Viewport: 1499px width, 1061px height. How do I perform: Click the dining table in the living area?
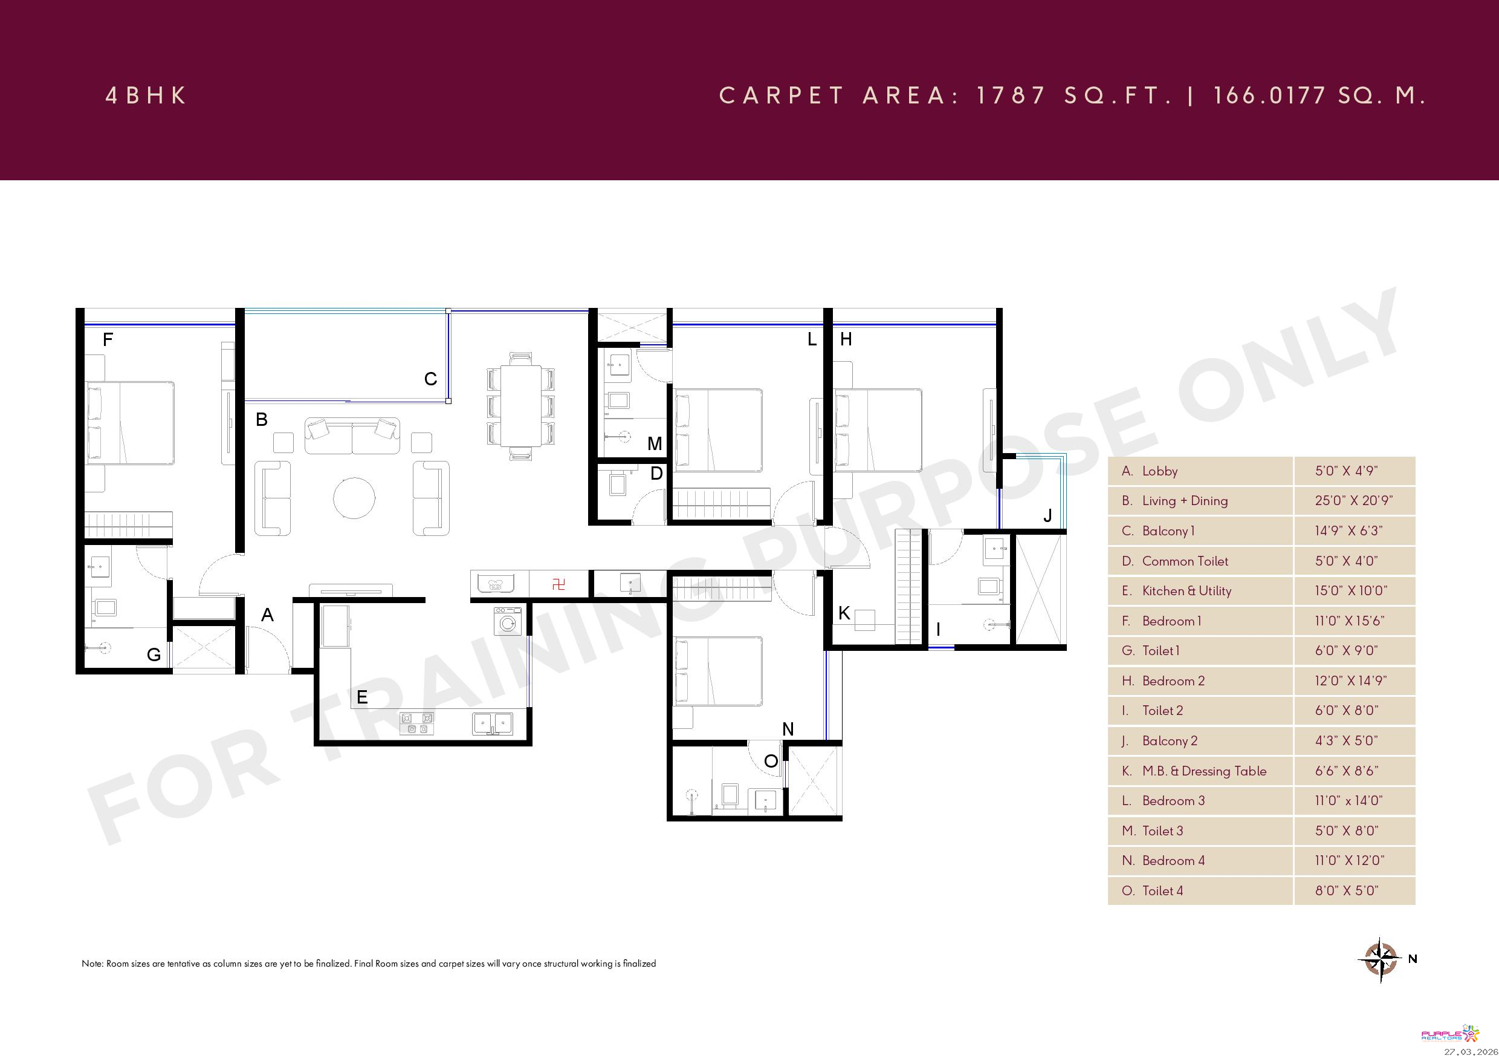(520, 406)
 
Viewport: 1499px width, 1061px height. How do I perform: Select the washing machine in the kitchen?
(507, 621)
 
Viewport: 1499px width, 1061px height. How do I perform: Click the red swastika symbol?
(558, 584)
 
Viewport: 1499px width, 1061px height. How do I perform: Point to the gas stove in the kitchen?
(416, 723)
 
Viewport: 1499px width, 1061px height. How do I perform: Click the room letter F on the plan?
(108, 339)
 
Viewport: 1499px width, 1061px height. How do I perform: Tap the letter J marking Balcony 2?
(1047, 515)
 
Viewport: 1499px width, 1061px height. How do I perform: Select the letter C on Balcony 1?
(430, 379)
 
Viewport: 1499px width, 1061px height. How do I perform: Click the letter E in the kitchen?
(361, 697)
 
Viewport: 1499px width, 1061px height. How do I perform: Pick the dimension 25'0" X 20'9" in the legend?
(1353, 500)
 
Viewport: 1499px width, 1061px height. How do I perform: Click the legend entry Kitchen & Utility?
(1187, 590)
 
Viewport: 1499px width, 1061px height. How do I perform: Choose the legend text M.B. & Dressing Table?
(1204, 771)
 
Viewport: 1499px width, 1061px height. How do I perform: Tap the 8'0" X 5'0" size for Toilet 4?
(1346, 890)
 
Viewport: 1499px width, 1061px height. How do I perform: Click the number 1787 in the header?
(1010, 96)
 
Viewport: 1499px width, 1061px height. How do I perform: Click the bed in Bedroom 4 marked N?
(718, 671)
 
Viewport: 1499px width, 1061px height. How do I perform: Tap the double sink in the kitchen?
(492, 723)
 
